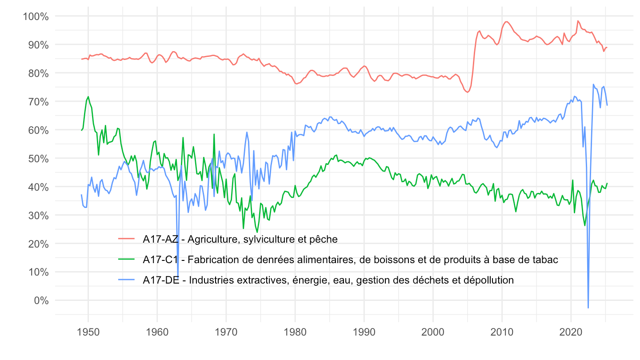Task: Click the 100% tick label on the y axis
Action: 35,16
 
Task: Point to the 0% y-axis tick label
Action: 39,300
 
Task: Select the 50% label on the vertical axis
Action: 37,159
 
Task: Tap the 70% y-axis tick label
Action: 37,102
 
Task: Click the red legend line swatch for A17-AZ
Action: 128,239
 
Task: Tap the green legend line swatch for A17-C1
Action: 128,260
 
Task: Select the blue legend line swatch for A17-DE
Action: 128,280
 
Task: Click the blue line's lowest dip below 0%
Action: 588,308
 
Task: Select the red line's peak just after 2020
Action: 578,21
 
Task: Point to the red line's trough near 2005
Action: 467,92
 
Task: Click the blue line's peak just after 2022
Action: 593,84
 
